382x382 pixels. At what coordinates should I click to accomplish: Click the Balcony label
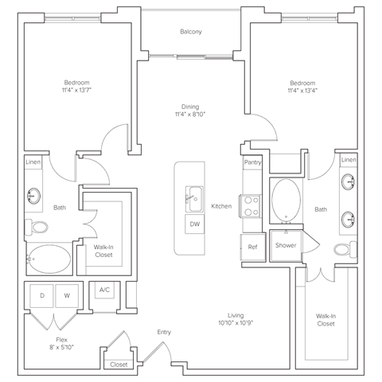point(190,32)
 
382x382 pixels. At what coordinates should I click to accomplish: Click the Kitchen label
point(220,206)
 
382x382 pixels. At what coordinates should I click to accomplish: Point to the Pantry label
point(251,162)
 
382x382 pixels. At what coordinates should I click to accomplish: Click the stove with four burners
point(252,206)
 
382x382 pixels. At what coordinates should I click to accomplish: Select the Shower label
point(286,245)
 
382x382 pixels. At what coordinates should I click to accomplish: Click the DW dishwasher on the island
point(193,225)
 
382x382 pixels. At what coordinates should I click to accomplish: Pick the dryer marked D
point(41,296)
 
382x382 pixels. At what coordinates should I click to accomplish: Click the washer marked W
point(68,296)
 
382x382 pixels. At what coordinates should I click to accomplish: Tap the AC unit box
point(103,291)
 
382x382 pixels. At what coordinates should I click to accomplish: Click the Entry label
point(164,333)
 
